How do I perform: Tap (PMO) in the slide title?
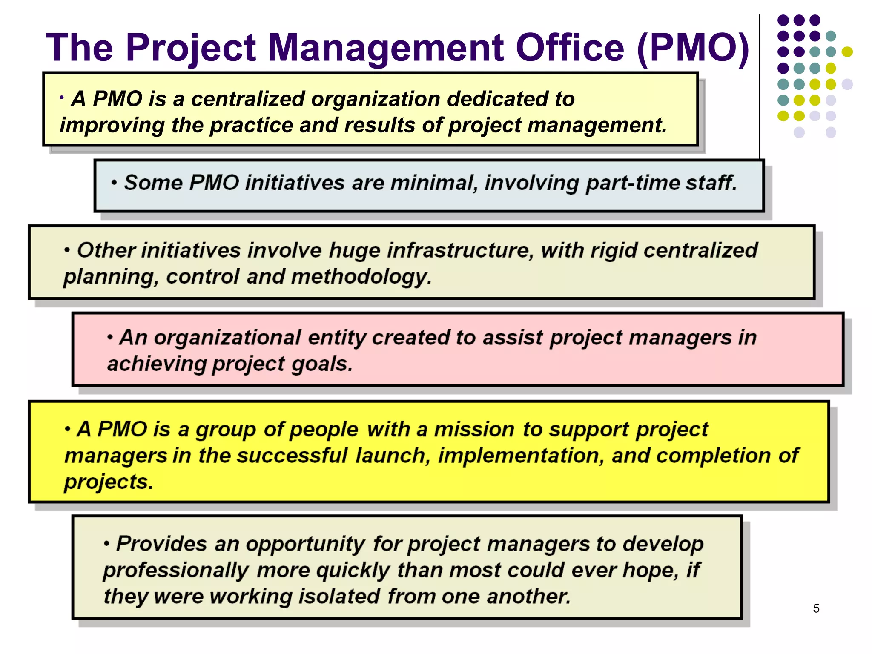(693, 49)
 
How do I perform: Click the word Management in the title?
(386, 48)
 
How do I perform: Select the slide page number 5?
(816, 608)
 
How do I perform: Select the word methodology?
(361, 277)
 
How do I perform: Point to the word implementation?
(521, 456)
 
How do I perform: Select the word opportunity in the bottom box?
(305, 545)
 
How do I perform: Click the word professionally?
(175, 571)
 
